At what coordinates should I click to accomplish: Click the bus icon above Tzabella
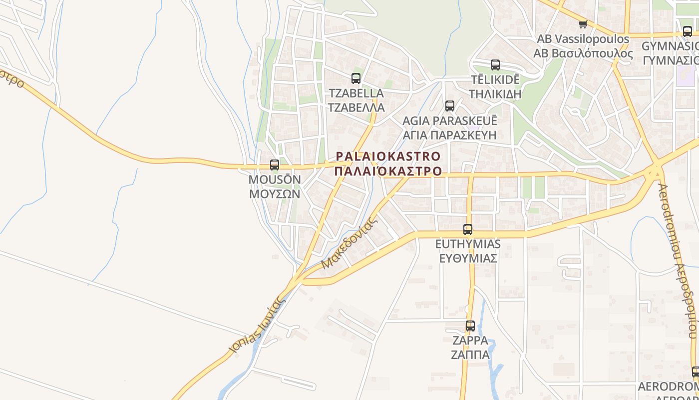coord(356,78)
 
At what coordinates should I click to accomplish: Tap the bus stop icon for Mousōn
coord(275,165)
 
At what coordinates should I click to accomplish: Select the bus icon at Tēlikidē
coord(495,65)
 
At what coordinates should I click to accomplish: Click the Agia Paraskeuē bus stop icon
coord(450,106)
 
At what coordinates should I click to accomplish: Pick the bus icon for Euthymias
coord(468,229)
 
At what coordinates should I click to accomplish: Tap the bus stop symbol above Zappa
coord(470,326)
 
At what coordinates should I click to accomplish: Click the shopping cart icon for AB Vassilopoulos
coord(583,24)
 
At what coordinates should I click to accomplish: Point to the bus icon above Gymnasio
coord(688,31)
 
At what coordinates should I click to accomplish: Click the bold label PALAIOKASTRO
coord(388,156)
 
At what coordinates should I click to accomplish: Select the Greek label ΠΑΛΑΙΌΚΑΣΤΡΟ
coord(388,171)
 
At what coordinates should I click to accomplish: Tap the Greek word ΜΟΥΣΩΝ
coord(275,194)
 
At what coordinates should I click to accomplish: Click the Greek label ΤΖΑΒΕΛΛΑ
coord(356,107)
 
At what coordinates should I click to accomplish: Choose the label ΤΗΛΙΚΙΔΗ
coord(496,94)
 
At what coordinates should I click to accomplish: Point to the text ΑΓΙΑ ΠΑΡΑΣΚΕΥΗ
coord(450,135)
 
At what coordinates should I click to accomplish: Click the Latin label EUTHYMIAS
coord(468,244)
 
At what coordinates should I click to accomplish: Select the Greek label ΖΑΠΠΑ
coord(470,355)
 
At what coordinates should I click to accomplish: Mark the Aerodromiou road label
coord(676,260)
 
